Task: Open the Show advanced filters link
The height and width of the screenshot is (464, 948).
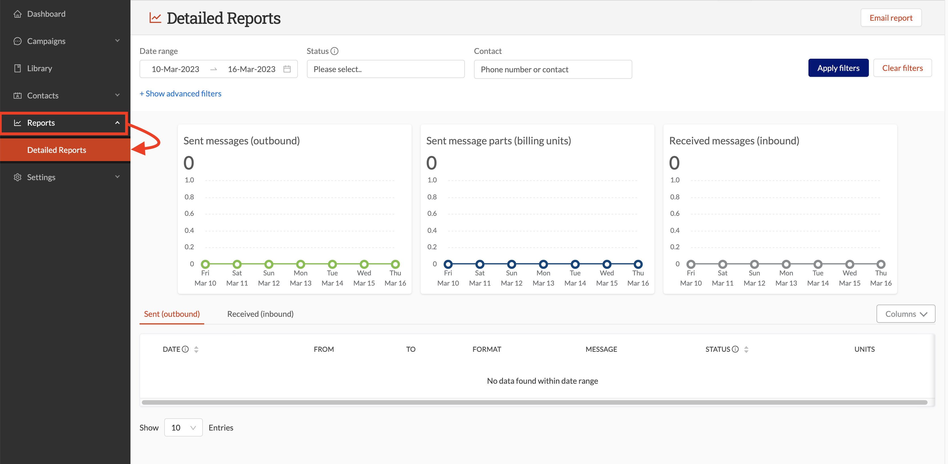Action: (180, 94)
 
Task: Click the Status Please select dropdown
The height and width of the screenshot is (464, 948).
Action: (385, 69)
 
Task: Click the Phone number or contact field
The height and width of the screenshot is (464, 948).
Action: (552, 69)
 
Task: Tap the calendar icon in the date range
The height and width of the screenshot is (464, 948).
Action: (287, 69)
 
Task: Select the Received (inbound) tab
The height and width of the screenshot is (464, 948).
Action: (260, 314)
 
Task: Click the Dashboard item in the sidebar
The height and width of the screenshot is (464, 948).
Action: (46, 14)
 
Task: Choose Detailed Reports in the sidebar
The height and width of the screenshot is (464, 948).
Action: (57, 150)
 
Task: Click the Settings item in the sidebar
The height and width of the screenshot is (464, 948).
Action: (41, 177)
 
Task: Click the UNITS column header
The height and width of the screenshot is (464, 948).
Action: (864, 349)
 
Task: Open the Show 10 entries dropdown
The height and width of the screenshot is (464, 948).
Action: (183, 428)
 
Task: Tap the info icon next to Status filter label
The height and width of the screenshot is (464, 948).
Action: (334, 51)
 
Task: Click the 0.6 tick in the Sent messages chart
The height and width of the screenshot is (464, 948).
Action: (189, 213)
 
